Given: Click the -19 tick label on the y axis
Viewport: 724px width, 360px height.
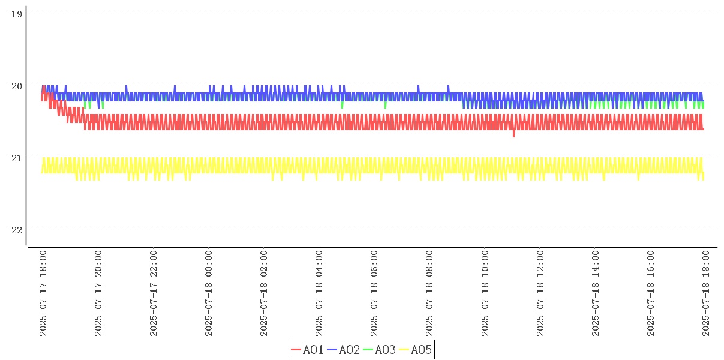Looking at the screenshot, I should (14, 14).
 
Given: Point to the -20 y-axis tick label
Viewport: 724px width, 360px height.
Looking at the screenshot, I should (14, 86).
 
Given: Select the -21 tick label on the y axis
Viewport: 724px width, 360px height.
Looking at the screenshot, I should (14, 158).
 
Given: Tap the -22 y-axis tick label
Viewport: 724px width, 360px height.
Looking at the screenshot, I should (14, 230).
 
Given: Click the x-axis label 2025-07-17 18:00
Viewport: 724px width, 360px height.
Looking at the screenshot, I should (43, 293).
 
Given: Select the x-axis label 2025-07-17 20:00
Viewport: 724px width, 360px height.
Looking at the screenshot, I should (98, 293).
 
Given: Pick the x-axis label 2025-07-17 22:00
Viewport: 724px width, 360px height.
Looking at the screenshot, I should (154, 293).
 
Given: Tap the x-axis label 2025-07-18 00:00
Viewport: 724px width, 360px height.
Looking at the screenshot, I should (209, 293).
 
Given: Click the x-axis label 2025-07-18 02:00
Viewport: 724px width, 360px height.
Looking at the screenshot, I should (264, 293).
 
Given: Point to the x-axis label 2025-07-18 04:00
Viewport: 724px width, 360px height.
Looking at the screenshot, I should (319, 293).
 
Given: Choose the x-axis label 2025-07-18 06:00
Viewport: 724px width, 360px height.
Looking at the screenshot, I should (374, 293).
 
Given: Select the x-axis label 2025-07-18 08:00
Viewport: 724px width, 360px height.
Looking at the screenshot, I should (429, 293).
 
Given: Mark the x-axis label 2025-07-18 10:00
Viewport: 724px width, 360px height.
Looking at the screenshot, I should (485, 293).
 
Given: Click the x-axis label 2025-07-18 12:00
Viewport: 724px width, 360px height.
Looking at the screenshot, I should (540, 293).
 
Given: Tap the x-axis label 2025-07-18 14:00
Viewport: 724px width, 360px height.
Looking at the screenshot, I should (595, 293).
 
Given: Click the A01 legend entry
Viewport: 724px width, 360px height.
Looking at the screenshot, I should (308, 350).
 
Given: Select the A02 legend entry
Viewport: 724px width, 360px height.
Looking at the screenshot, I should (344, 350).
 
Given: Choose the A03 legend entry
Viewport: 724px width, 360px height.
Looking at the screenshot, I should (380, 350).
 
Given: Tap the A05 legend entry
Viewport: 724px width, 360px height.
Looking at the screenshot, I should (416, 350).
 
